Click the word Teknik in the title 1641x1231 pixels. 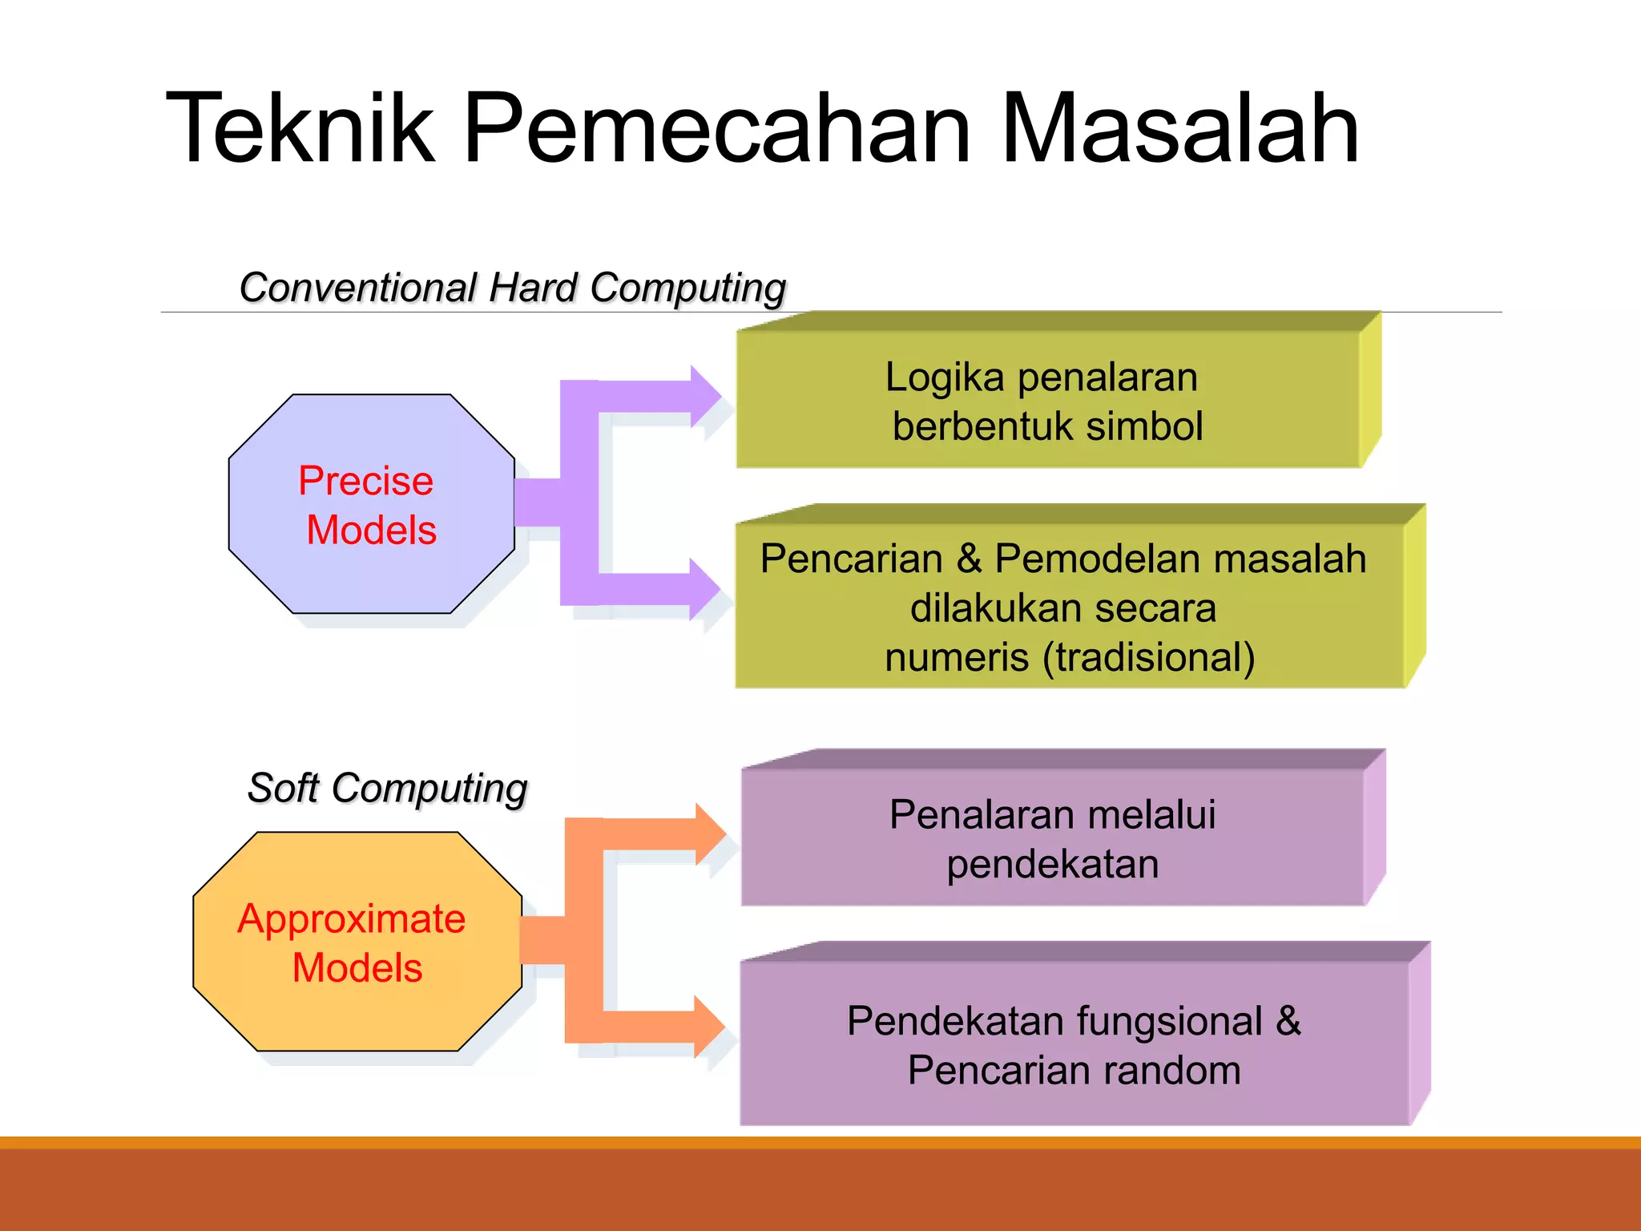point(300,128)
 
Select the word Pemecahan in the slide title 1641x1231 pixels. point(717,128)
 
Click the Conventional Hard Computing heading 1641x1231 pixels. point(513,288)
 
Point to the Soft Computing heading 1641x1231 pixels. point(388,788)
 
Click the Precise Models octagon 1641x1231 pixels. point(371,504)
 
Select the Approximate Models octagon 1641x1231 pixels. point(357,942)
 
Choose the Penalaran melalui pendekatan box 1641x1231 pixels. point(1053,837)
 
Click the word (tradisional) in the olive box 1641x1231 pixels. point(1149,657)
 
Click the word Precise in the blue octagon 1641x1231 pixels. point(365,481)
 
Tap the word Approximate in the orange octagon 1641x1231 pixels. point(351,918)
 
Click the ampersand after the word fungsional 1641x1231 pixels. point(1288,1021)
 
